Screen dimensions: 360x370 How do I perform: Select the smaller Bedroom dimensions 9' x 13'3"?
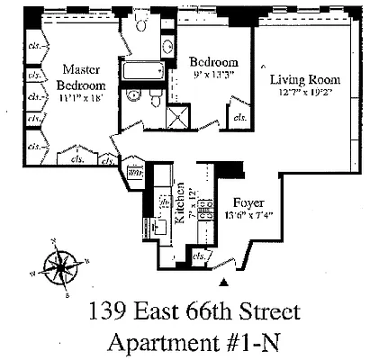tap(213, 75)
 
